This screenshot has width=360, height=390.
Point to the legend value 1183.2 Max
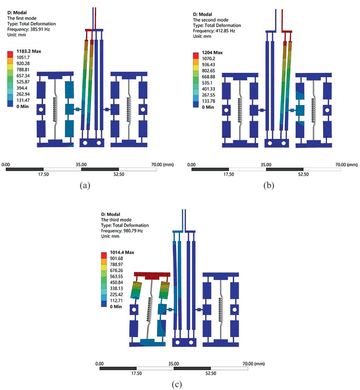point(28,51)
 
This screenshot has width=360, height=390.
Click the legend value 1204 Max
point(212,52)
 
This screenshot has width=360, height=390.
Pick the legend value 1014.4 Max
point(122,252)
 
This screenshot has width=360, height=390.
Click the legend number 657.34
point(23,76)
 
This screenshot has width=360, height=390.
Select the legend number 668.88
point(209,77)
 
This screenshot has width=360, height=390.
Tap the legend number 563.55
point(116,276)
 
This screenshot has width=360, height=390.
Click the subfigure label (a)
point(85,185)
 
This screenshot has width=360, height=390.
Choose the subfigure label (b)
point(269,185)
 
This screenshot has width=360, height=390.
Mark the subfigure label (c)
point(177,385)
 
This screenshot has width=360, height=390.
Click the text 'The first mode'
point(22,18)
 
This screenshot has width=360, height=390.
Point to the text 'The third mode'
point(116,219)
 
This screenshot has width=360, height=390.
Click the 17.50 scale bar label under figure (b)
point(229,174)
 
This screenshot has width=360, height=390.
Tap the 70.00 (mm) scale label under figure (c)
point(253,364)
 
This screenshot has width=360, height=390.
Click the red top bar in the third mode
point(152,275)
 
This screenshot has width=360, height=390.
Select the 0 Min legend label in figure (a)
point(23,107)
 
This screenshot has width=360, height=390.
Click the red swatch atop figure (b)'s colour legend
point(196,56)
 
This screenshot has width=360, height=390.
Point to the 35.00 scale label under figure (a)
point(81,165)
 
